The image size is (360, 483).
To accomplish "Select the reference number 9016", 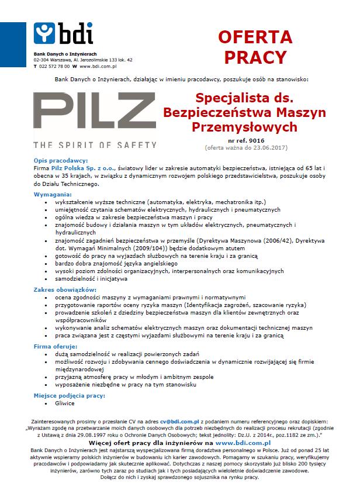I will (257, 141).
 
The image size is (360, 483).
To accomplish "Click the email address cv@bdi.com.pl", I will (182, 421).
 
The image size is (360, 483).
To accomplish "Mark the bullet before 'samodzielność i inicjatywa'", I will (46, 280).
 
